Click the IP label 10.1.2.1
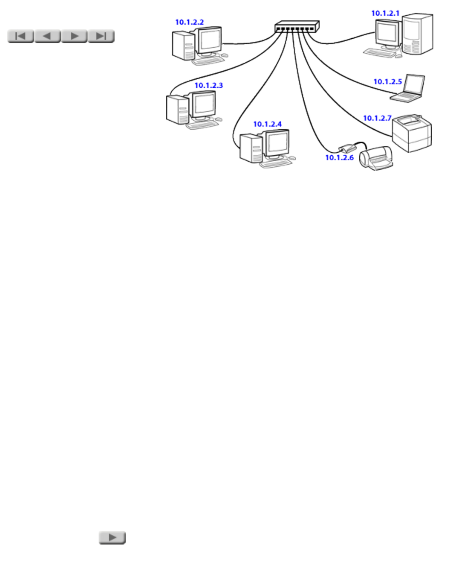point(385,13)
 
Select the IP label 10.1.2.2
point(189,22)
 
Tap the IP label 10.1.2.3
point(209,85)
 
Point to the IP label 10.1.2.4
point(268,124)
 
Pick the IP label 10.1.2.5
point(388,81)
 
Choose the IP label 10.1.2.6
point(340,158)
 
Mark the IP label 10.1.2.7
point(377,118)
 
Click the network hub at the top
point(297,27)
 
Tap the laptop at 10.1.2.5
point(408,88)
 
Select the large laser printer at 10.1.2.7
point(412,133)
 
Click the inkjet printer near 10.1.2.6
point(376,158)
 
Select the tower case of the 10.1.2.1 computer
point(418,33)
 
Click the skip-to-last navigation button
point(101,36)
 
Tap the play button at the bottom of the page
point(112,537)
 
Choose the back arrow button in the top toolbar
point(47,36)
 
